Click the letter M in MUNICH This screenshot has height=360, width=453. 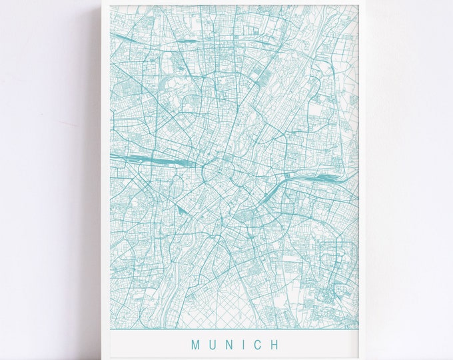click(x=196, y=345)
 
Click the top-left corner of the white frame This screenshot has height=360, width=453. click(x=101, y=1)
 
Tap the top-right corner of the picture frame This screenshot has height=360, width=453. click(x=366, y=1)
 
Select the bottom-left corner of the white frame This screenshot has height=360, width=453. click(x=101, y=359)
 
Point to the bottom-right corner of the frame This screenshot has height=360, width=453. click(x=366, y=359)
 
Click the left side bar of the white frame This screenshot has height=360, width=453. click(x=105, y=180)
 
